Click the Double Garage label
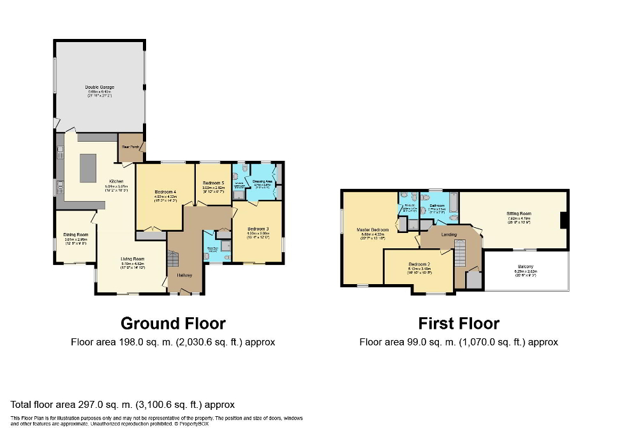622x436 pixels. (100, 87)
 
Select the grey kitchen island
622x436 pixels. (88, 168)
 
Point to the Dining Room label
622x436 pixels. (75, 234)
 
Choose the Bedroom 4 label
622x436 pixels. (165, 192)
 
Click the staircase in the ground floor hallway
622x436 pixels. (174, 260)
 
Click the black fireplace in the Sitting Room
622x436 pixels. (563, 220)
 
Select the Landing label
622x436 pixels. (448, 235)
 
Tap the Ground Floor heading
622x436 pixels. (173, 324)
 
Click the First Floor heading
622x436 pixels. (459, 324)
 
